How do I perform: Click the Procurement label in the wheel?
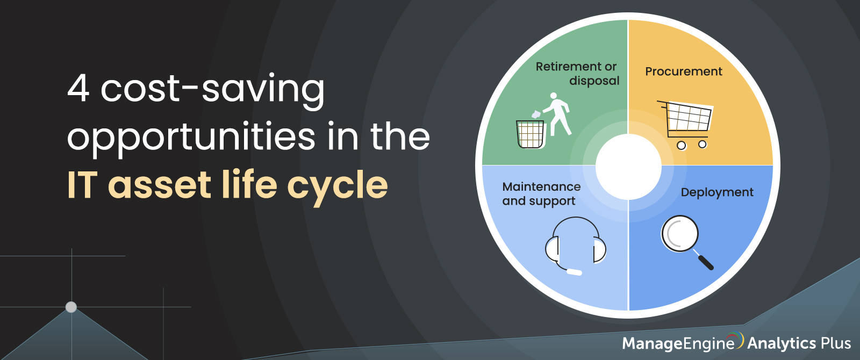point(683,71)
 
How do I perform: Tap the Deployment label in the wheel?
point(717,192)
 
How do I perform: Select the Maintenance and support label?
point(541,194)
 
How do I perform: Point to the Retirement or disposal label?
point(577,73)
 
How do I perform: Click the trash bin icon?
point(530,134)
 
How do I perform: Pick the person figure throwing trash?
point(557,114)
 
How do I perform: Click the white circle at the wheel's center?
point(628,167)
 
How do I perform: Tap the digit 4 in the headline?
point(78,88)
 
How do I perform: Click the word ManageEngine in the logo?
point(678,343)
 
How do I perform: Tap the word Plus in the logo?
point(835,343)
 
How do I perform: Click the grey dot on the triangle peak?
point(71,307)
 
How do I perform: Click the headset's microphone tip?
point(575,272)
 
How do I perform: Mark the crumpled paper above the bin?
point(536,114)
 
